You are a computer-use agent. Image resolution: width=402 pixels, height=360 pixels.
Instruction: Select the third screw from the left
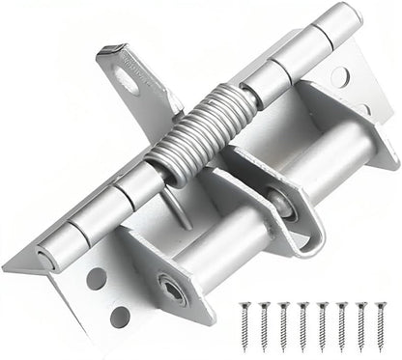coord(281,332)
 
